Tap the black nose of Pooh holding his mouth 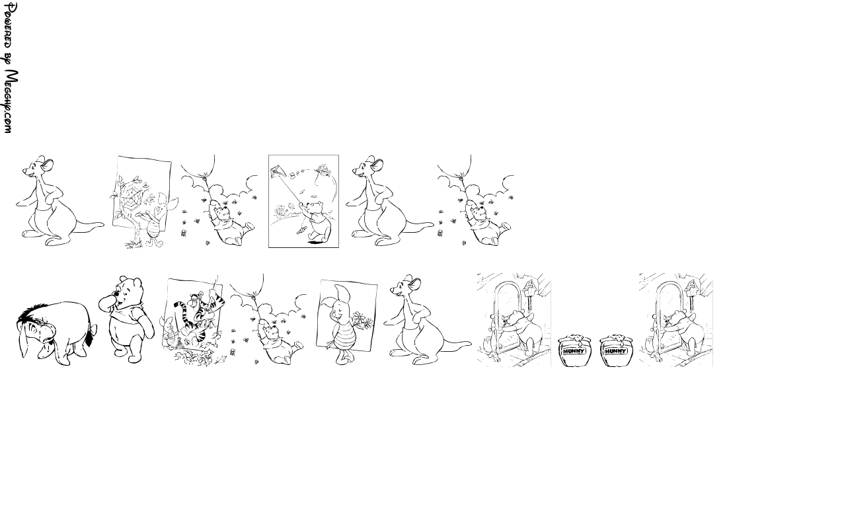point(118,294)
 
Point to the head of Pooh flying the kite point(315,208)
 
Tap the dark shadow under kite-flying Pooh point(316,242)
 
